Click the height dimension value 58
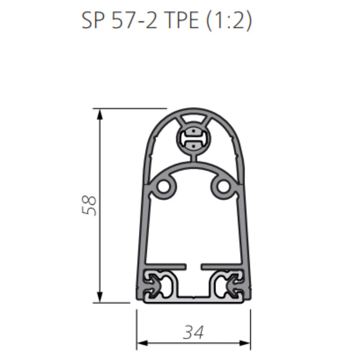click(89, 206)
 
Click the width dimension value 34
click(193, 332)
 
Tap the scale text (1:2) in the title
click(230, 21)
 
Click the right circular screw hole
click(223, 186)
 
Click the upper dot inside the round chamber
click(194, 131)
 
